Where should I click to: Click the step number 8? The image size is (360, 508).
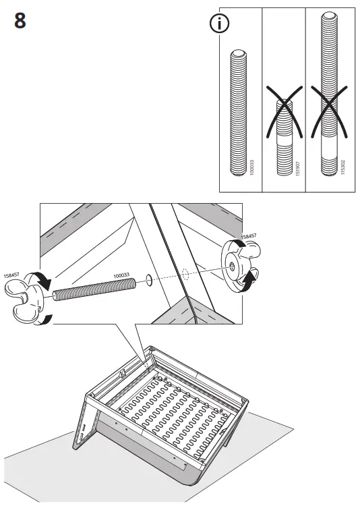(x=20, y=21)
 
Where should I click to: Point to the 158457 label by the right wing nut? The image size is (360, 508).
(x=248, y=236)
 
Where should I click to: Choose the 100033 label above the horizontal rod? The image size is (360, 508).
(x=121, y=275)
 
